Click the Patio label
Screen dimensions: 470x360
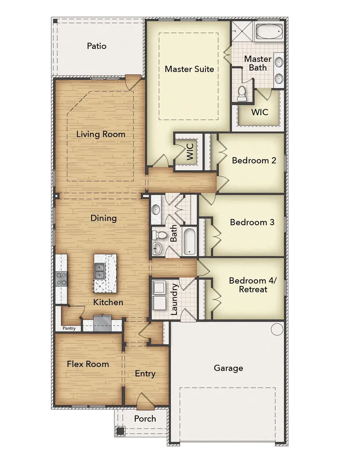97,46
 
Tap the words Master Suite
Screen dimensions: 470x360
189,69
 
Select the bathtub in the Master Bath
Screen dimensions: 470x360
269,31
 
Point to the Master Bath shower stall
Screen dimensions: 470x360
242,31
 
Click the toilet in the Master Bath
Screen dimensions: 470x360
242,93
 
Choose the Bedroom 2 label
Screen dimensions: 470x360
254,160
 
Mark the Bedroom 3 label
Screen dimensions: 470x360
252,222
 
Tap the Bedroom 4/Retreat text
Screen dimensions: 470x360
253,285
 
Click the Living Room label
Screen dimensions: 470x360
101,134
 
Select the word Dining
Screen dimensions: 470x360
104,218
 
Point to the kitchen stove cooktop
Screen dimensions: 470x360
61,278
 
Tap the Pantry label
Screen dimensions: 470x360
69,328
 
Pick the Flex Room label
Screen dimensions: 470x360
88,364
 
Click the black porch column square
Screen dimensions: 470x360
120,431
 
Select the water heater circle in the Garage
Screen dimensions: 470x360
277,329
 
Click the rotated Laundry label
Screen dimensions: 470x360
174,300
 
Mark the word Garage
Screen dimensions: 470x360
228,368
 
